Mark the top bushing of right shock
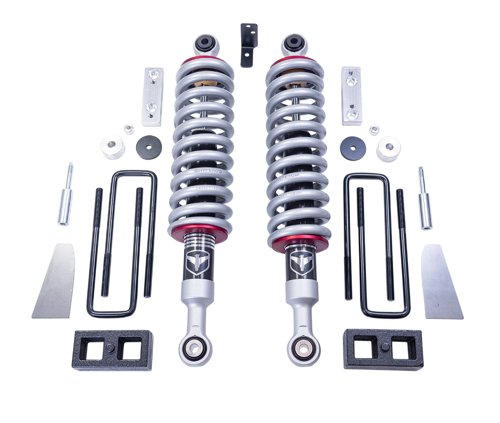pos(294,44)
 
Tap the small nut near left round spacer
pos(129,129)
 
